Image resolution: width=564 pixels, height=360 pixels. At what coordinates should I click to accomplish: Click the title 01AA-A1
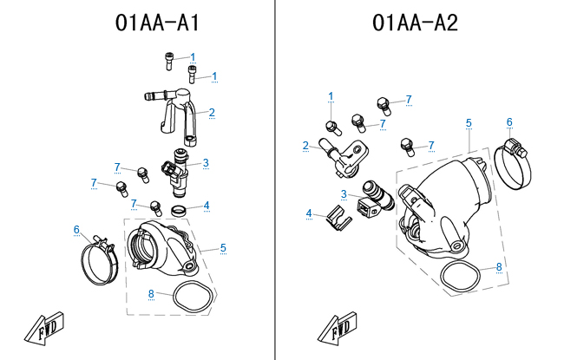[x=157, y=23]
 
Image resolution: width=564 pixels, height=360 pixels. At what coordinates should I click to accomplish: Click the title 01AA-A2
[x=416, y=23]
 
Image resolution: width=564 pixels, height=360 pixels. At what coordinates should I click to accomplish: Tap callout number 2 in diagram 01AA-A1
[x=211, y=112]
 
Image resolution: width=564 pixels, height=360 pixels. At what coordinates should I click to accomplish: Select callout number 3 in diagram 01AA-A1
[x=206, y=162]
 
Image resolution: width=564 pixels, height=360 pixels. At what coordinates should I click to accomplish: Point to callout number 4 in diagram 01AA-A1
[x=206, y=206]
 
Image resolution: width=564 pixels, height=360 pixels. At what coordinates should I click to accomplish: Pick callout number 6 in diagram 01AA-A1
[x=76, y=230]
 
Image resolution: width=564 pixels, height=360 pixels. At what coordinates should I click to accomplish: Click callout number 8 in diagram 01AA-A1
[x=151, y=293]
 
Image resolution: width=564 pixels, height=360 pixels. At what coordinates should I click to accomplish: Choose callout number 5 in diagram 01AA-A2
[x=469, y=123]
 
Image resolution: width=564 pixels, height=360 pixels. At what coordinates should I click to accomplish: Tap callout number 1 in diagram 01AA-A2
[x=331, y=95]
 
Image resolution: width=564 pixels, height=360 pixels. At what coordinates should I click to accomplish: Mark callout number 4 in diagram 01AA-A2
[x=308, y=213]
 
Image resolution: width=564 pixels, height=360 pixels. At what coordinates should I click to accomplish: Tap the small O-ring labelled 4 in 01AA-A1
[x=178, y=210]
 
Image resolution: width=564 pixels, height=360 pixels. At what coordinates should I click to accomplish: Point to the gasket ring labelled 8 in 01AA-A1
[x=193, y=297]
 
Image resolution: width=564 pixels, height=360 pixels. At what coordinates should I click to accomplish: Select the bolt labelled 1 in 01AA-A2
[x=330, y=128]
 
